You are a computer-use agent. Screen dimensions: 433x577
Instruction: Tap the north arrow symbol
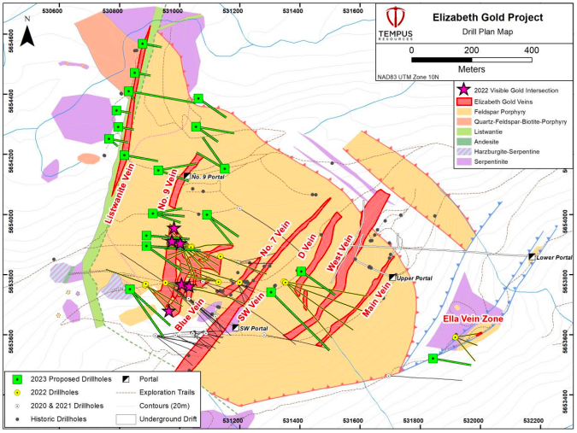pyautogui.click(x=27, y=32)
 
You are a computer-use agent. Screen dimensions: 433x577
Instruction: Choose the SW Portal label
pyautogui.click(x=254, y=328)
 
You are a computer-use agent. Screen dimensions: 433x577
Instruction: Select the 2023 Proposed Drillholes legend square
pyautogui.click(x=17, y=378)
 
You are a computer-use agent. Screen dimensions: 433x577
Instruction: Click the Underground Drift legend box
pyautogui.click(x=126, y=418)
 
